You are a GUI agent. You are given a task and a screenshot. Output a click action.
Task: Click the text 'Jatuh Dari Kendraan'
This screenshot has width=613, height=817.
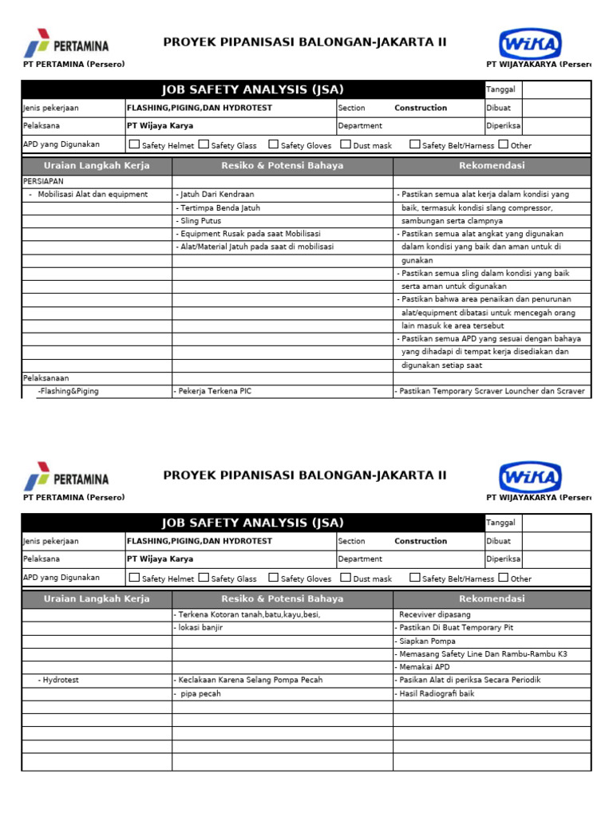pyautogui.click(x=216, y=194)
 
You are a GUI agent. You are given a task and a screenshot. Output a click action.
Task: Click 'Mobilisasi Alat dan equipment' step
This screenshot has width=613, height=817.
pyautogui.click(x=93, y=194)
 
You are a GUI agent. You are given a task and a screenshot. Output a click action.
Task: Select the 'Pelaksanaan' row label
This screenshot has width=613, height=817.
pyautogui.click(x=46, y=378)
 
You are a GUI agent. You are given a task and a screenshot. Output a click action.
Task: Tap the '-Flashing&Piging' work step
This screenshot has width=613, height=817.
pyautogui.click(x=69, y=391)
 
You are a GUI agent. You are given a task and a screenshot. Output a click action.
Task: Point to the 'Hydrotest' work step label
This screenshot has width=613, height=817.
pyautogui.click(x=61, y=680)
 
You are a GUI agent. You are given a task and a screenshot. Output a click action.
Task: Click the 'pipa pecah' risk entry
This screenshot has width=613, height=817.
pyautogui.click(x=200, y=693)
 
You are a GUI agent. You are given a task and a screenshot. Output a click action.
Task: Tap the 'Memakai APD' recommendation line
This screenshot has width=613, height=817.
pyautogui.click(x=425, y=667)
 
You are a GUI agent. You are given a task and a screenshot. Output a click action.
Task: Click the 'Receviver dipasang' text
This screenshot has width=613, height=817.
pyautogui.click(x=434, y=614)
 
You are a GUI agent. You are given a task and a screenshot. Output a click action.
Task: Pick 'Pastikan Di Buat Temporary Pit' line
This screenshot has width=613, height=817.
pyautogui.click(x=455, y=627)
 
